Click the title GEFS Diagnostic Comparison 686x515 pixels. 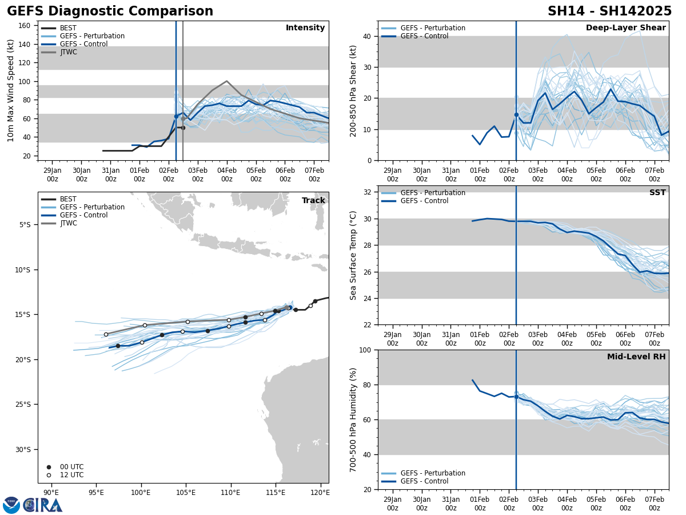110,11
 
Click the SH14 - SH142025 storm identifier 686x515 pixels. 609,11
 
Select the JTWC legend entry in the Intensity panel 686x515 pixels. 68,52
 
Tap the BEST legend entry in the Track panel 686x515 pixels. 68,199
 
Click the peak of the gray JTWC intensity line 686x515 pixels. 226,81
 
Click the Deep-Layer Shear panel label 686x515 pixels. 625,28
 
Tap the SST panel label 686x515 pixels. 657,193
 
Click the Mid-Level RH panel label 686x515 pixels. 636,357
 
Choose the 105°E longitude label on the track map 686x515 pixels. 186,493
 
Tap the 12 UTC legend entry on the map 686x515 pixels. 71,475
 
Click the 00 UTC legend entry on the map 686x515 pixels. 71,467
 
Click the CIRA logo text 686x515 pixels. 43,505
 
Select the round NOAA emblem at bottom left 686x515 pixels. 11,505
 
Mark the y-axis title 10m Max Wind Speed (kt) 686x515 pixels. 11,90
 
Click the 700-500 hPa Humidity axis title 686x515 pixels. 354,419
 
